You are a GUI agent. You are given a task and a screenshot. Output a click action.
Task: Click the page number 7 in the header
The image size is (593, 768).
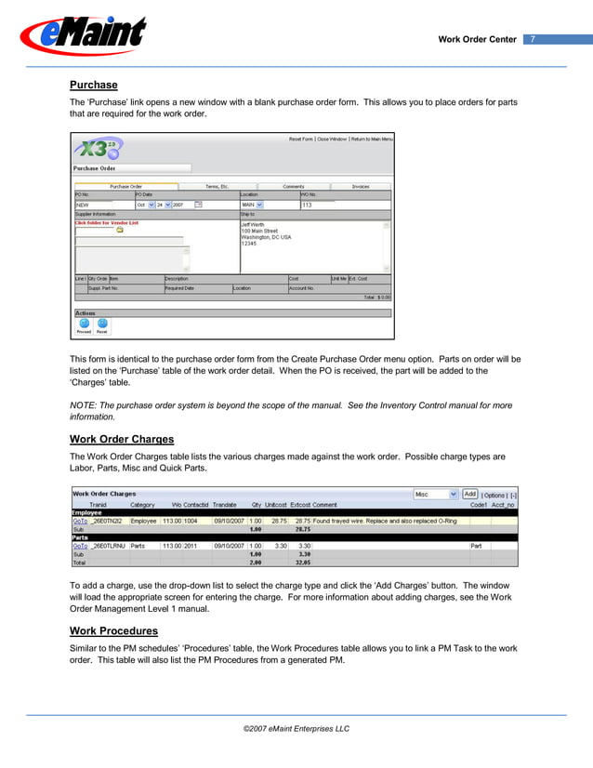(533, 39)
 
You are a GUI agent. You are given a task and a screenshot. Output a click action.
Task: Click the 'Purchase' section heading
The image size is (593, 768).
(94, 85)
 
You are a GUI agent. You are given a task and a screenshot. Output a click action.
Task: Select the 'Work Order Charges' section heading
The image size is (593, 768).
(122, 438)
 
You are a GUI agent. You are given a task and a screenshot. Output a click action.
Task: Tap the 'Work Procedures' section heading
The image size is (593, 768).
(114, 630)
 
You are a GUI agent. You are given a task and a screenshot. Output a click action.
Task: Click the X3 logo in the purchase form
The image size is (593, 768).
(97, 149)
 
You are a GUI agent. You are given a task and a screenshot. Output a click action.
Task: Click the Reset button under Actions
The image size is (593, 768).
(102, 325)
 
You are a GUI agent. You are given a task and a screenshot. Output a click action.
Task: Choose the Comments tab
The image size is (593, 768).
(293, 186)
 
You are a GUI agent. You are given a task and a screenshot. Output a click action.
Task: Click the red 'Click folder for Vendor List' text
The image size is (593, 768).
(106, 222)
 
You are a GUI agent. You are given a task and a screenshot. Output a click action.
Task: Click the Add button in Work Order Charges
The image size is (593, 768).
(469, 494)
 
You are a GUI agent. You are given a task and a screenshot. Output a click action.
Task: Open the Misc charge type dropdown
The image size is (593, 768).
(436, 494)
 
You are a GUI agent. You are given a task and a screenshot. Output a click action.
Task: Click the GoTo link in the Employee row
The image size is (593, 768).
(80, 522)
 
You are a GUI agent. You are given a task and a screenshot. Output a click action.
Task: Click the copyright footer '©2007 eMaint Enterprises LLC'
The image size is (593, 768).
(296, 729)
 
